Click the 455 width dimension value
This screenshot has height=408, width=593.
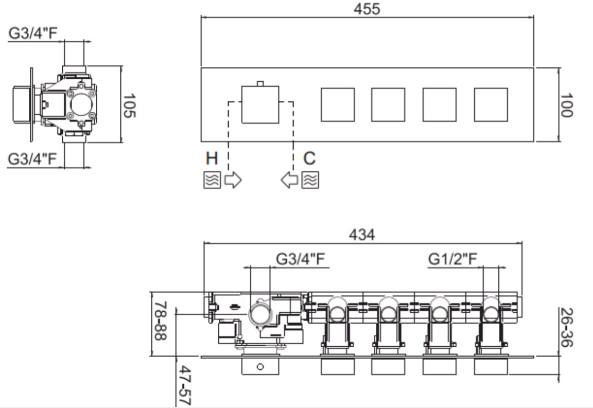367,9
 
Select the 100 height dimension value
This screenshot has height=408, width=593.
566,105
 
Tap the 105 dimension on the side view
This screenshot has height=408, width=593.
129,105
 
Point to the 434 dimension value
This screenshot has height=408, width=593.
362,235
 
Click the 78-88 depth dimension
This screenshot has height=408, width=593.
161,321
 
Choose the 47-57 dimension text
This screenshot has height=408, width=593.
185,385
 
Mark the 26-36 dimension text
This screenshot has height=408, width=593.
566,327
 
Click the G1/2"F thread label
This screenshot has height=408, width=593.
452,259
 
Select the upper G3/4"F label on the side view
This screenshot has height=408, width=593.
33,33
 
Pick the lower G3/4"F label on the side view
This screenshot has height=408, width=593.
32,159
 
